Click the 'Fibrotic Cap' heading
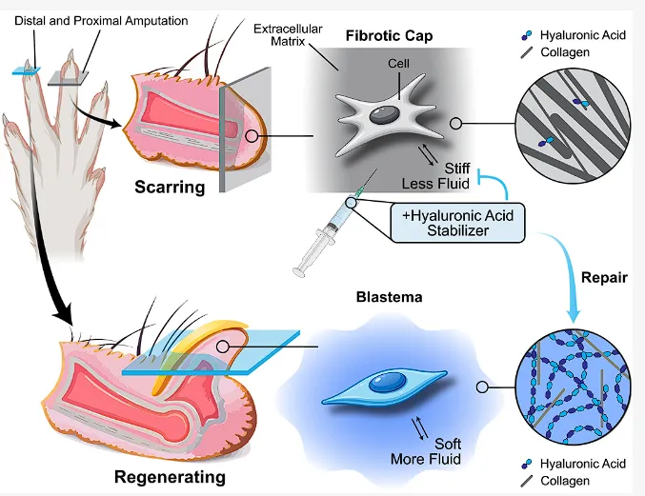tap(389, 36)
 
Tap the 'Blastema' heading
tap(389, 297)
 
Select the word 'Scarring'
tap(170, 188)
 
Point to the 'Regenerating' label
tap(170, 477)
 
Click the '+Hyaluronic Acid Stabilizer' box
tap(457, 223)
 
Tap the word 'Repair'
tap(604, 278)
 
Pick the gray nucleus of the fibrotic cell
tap(384, 114)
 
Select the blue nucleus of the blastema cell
tap(387, 382)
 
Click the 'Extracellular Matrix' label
tap(288, 35)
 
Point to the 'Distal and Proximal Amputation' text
tap(101, 21)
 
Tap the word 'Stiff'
tap(457, 169)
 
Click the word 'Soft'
tap(448, 444)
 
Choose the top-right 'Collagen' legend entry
tap(555, 52)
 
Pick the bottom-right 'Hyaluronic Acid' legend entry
tap(574, 464)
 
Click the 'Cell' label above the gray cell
tap(398, 63)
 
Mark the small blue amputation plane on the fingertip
tap(27, 71)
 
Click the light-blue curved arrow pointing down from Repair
tap(566, 268)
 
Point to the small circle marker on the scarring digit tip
tap(252, 136)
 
